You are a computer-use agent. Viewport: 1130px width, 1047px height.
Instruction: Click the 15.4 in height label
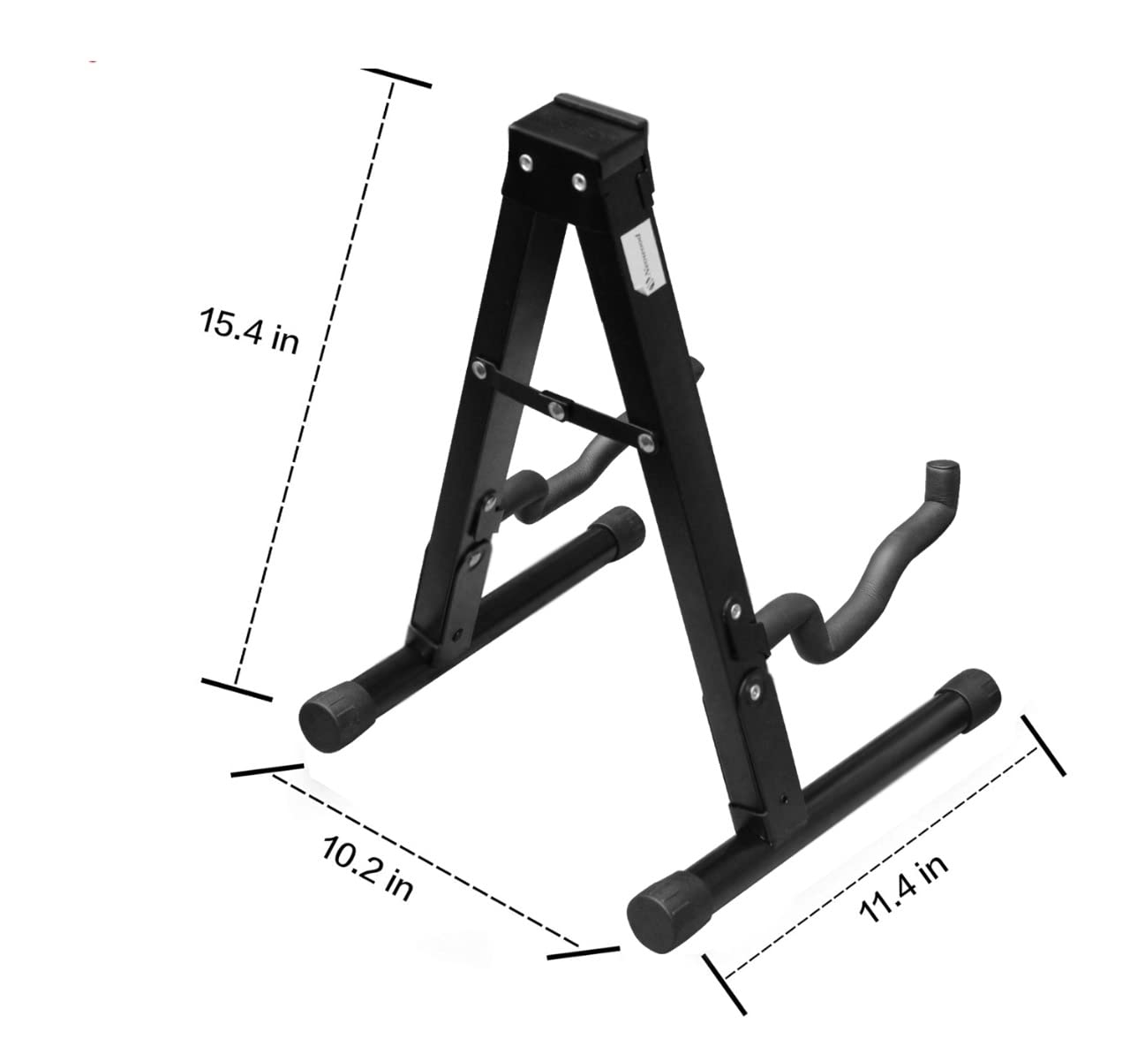point(250,331)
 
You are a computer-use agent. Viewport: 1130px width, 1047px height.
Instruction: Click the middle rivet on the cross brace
point(556,408)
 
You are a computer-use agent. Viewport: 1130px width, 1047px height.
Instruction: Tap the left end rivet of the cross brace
point(480,369)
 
